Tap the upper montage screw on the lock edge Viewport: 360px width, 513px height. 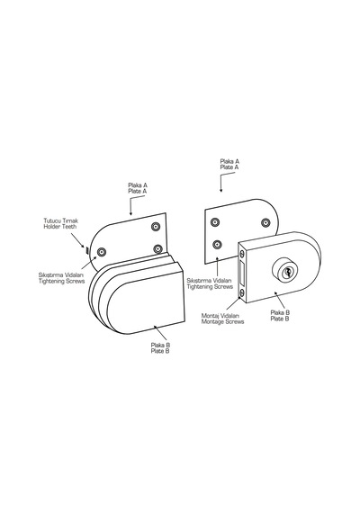click(x=242, y=254)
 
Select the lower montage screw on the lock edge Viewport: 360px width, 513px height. click(x=242, y=292)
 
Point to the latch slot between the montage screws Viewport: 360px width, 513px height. click(x=242, y=274)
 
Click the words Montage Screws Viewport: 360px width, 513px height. click(x=222, y=322)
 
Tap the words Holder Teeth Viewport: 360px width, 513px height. click(x=60, y=227)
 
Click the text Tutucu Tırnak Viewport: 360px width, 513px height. click(x=61, y=220)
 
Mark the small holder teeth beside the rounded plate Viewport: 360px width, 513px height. click(x=86, y=250)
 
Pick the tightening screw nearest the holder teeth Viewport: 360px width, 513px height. click(x=102, y=252)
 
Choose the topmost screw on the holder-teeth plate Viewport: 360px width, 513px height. click(x=156, y=226)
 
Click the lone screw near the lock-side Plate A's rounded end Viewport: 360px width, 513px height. click(x=265, y=222)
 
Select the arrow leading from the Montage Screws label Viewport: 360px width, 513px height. click(x=233, y=303)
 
